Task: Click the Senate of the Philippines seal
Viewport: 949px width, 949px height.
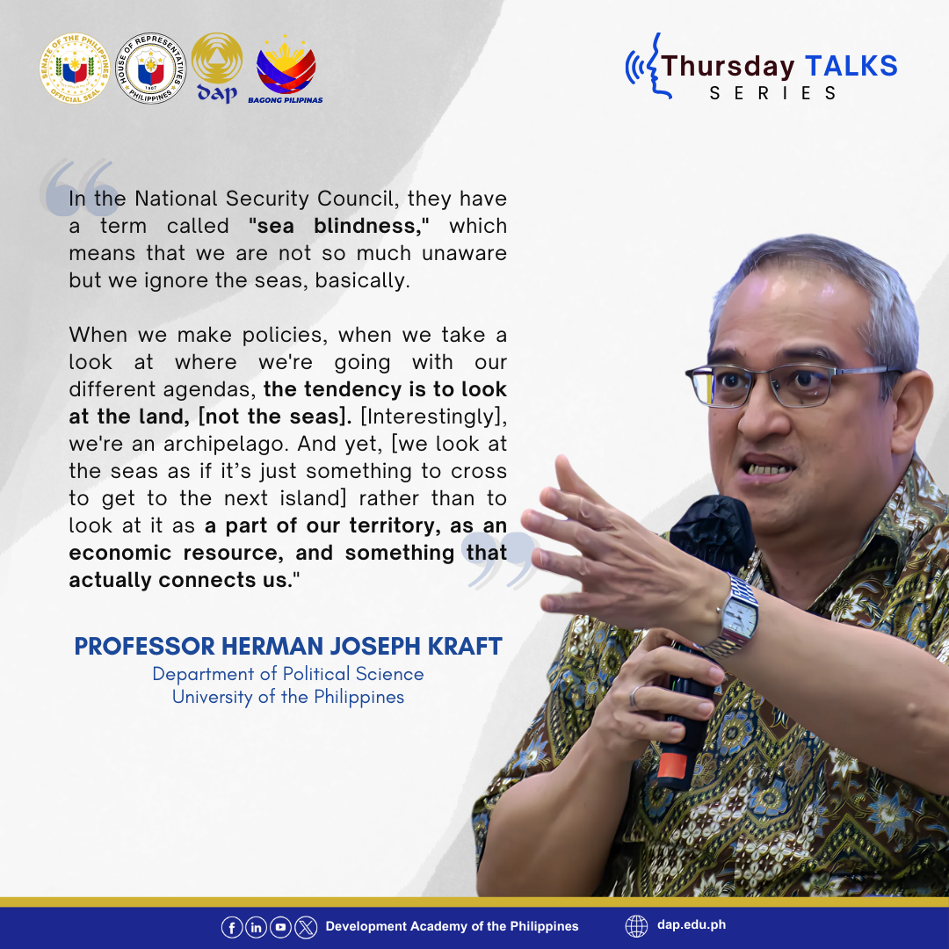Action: tap(75, 69)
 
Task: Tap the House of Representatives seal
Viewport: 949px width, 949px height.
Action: tap(151, 69)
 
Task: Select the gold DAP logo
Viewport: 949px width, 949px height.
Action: tap(217, 68)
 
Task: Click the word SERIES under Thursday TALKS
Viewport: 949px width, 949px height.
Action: tap(773, 93)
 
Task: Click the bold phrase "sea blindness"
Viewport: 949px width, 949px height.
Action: tap(338, 226)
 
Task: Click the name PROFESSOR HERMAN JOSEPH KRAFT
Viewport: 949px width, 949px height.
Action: tap(288, 646)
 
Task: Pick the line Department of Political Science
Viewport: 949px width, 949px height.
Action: tap(288, 674)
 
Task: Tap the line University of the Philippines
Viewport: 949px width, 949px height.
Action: tap(288, 697)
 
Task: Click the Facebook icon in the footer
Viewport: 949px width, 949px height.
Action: tap(232, 927)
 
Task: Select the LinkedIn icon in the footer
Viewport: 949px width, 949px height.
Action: tap(256, 927)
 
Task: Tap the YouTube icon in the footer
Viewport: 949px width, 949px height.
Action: tap(281, 927)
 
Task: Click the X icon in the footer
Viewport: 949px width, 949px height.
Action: tap(306, 927)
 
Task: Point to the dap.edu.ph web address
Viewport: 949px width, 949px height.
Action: tap(692, 924)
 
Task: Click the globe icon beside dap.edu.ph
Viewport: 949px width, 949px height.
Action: tap(636, 926)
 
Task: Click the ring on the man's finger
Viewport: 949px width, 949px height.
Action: tap(634, 697)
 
